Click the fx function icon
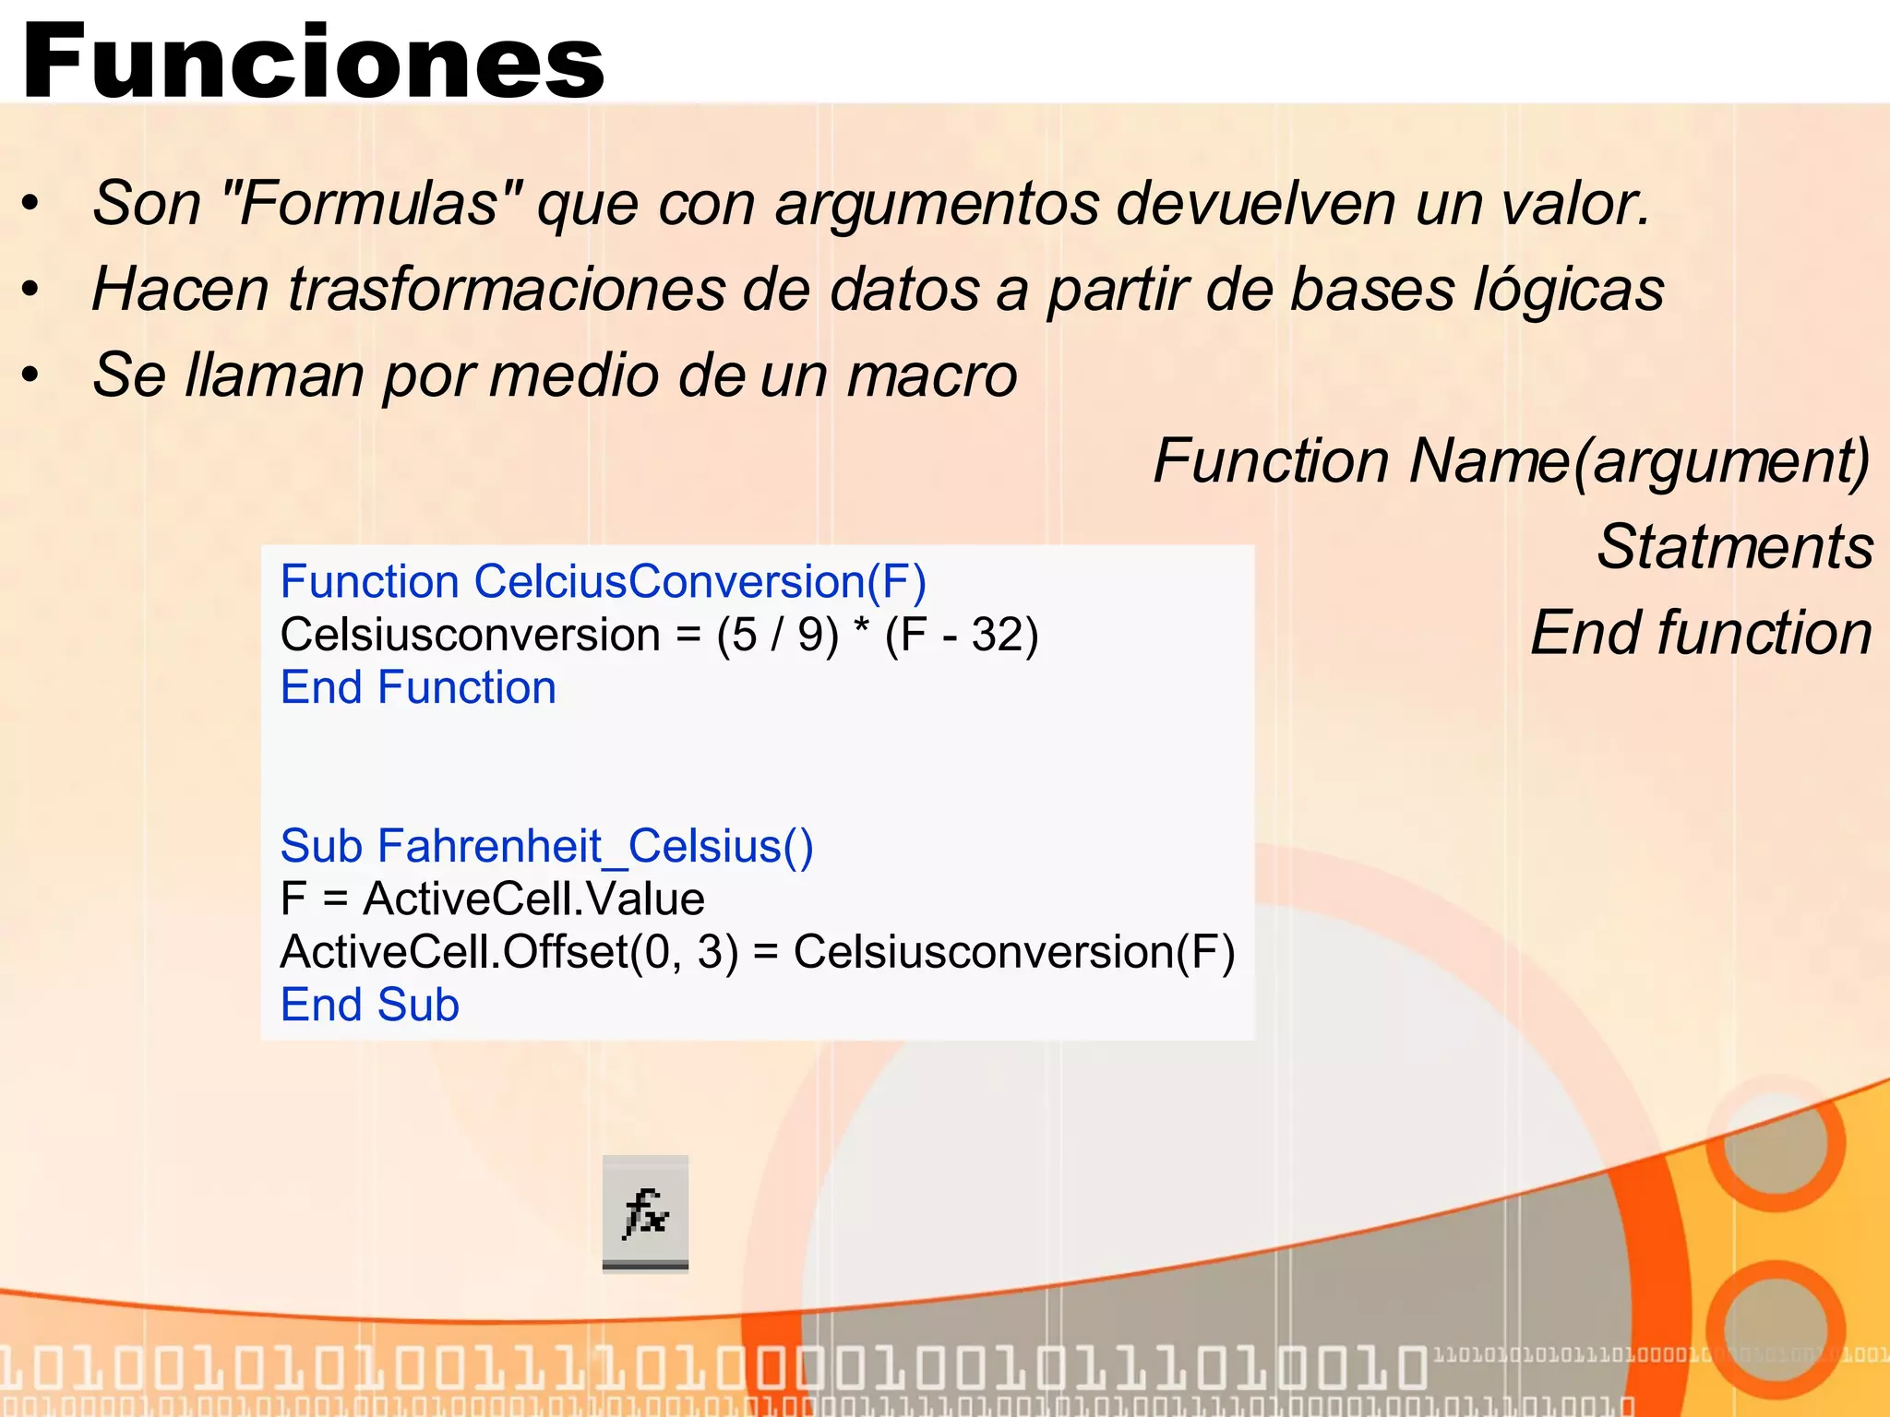coord(645,1213)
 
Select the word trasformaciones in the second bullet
coord(506,289)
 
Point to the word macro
coord(932,375)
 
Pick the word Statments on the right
coord(1734,546)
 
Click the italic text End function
coord(1701,633)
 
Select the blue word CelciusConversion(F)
coord(700,582)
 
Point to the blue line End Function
coord(418,688)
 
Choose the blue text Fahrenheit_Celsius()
coord(595,846)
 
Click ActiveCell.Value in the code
coord(533,899)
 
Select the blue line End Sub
coord(369,1005)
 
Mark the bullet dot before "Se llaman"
coord(31,376)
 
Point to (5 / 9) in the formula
coord(777,635)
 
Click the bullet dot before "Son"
coord(31,204)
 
